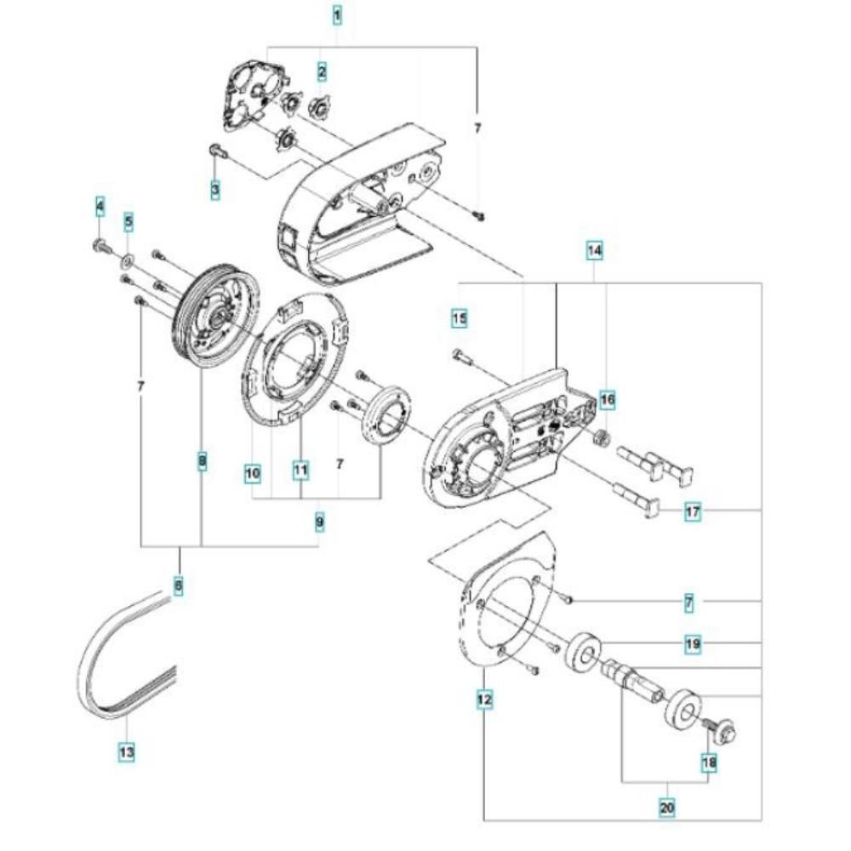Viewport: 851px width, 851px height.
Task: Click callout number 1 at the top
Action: click(337, 14)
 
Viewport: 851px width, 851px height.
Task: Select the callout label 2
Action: click(323, 71)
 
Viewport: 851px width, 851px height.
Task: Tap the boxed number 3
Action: click(215, 190)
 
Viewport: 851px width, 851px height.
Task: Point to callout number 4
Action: click(100, 206)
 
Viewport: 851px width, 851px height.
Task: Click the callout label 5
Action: click(129, 221)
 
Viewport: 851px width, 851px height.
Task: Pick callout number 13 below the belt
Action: click(127, 753)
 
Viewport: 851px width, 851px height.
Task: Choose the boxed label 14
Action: click(595, 251)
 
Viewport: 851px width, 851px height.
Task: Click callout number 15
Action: click(460, 318)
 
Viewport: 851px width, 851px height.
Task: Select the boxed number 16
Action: click(608, 400)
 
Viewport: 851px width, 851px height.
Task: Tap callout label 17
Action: click(693, 511)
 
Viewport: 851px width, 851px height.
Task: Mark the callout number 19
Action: click(693, 644)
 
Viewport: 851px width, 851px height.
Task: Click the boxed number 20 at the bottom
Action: click(667, 808)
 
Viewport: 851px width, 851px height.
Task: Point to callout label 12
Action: click(485, 699)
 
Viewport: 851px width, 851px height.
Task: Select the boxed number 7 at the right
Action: click(688, 603)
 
